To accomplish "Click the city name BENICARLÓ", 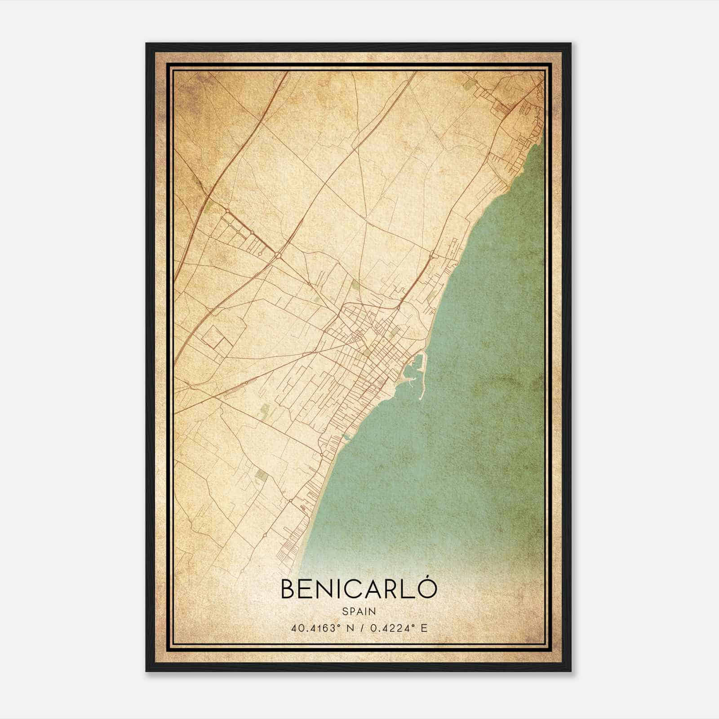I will pos(359,589).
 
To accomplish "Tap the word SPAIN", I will pos(359,611).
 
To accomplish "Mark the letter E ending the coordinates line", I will pos(424,628).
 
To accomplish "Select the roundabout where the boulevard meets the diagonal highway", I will pos(279,255).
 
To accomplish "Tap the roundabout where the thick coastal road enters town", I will pos(398,307).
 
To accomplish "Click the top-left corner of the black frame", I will pos(146,44).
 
